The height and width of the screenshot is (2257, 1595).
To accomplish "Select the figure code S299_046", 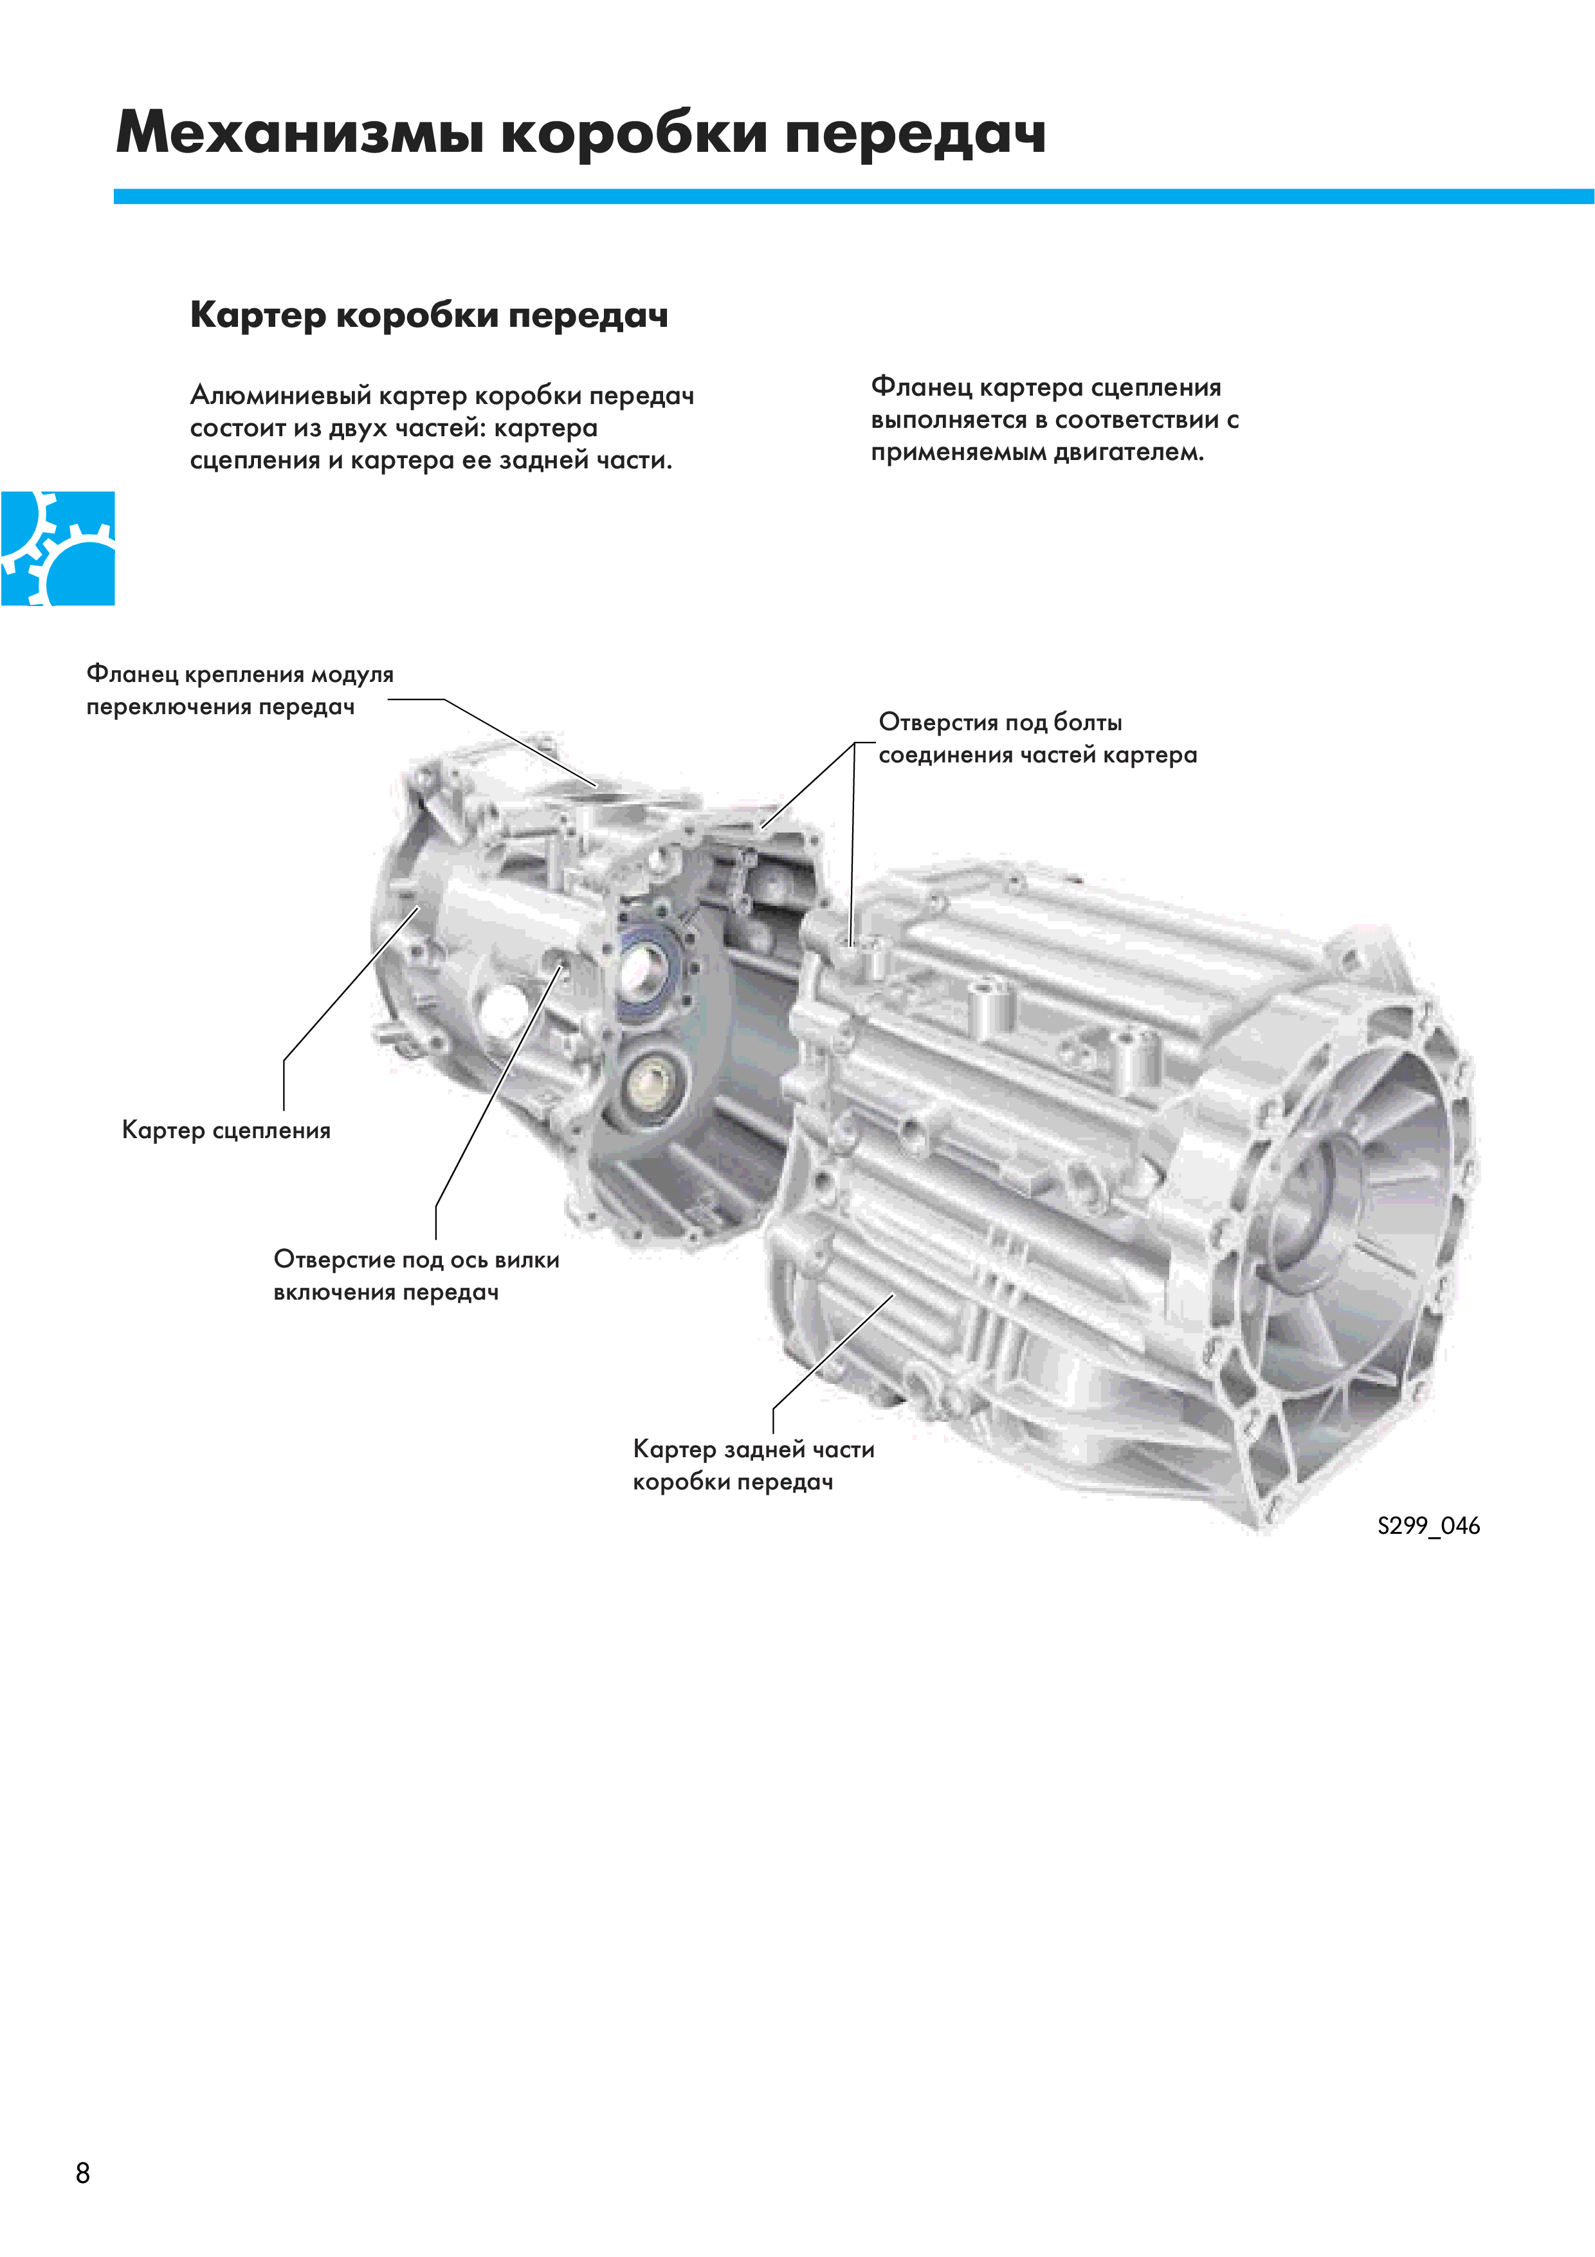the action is (1428, 1525).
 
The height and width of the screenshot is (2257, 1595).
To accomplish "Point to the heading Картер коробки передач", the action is (430, 315).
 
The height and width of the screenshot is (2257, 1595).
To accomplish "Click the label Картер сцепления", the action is (226, 1130).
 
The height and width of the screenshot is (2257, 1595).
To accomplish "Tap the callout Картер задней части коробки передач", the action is (754, 1465).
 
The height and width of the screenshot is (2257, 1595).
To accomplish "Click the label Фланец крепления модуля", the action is (240, 674).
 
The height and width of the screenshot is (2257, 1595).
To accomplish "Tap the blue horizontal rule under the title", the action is (853, 197).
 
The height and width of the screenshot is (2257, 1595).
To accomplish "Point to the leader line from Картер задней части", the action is (834, 1354).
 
